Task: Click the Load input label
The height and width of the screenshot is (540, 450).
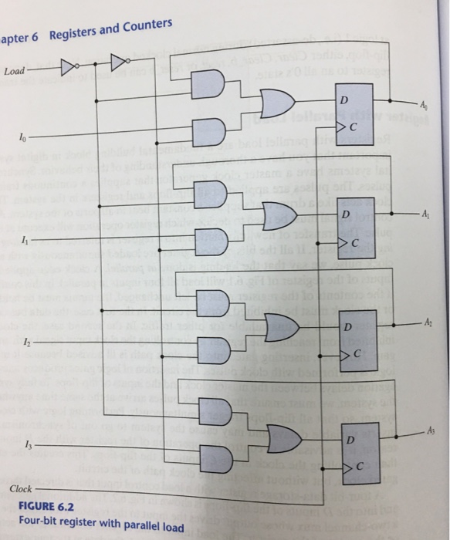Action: pyautogui.click(x=14, y=72)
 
